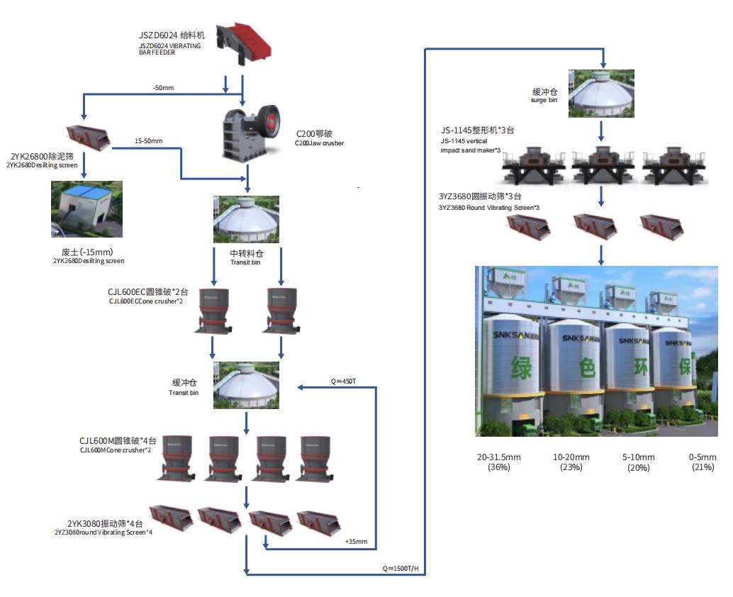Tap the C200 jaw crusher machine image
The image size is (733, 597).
point(249,130)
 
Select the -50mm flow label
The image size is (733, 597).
point(163,87)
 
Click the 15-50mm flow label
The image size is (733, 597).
point(148,141)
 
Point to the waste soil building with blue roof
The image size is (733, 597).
point(86,209)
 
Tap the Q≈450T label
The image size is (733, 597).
point(343,381)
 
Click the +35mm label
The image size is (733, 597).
point(356,542)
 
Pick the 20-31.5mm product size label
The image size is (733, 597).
point(499,457)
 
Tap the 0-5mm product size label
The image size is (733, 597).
point(703,457)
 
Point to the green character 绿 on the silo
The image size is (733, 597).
point(520,369)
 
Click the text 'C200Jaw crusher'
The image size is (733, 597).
point(320,143)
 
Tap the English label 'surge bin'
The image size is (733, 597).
point(544,101)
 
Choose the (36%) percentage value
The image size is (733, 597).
point(499,467)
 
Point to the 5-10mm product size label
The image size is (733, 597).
point(639,457)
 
